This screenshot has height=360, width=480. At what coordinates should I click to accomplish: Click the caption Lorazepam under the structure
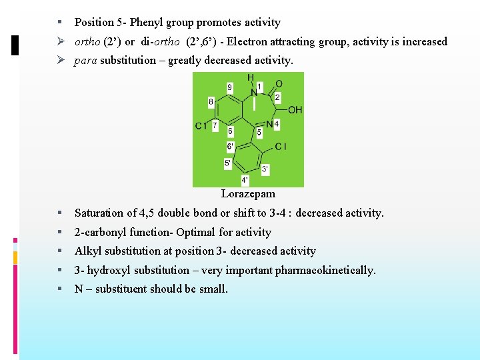tap(248, 194)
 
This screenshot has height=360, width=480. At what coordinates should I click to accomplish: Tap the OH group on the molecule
tap(295, 109)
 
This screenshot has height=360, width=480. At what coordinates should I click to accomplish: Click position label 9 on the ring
tap(230, 87)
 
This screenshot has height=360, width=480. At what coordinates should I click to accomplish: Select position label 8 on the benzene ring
tap(211, 103)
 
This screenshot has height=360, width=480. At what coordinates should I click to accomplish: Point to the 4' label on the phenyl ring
tap(245, 180)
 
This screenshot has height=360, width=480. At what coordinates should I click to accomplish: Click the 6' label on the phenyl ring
tap(230, 146)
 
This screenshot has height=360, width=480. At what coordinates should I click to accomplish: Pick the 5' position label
tap(228, 163)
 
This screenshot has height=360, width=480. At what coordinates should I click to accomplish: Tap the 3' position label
tap(265, 169)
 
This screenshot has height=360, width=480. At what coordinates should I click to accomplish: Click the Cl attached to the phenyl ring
tap(281, 146)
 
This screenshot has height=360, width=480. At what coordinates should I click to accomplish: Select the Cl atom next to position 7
tap(200, 126)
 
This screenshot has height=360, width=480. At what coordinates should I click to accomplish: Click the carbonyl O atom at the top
tap(279, 83)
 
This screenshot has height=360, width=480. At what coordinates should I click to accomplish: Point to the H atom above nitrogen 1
tap(251, 77)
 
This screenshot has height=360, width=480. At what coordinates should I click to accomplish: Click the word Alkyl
tap(87, 251)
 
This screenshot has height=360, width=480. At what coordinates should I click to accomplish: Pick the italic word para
tap(86, 61)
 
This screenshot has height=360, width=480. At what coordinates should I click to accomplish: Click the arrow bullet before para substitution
tap(61, 61)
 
